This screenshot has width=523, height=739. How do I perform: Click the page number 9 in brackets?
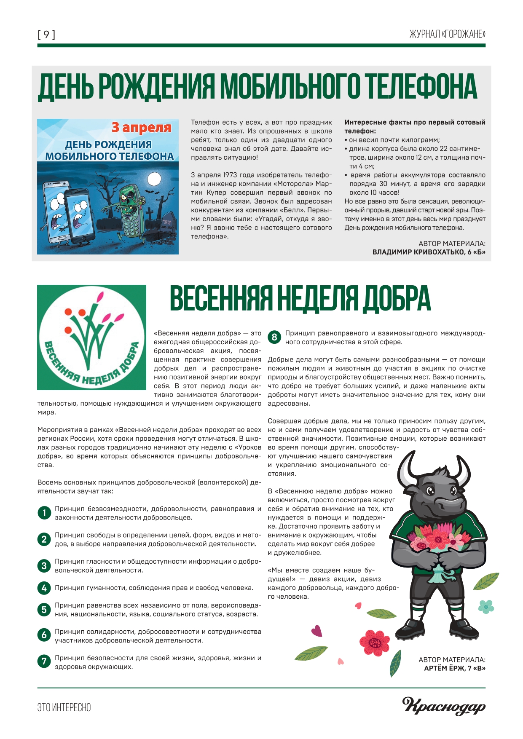click(x=46, y=35)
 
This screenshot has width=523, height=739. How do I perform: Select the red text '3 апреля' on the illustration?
click(x=141, y=127)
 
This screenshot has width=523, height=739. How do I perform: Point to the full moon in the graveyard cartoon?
click(x=155, y=179)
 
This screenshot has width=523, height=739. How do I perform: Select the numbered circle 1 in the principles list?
click(x=44, y=513)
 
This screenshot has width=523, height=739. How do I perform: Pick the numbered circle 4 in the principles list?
click(x=44, y=588)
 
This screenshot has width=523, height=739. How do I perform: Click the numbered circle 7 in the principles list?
click(x=44, y=661)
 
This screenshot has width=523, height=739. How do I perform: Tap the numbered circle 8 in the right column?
click(x=274, y=337)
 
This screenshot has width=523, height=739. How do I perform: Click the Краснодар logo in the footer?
click(x=444, y=706)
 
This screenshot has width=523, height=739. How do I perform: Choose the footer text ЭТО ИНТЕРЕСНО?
click(x=64, y=707)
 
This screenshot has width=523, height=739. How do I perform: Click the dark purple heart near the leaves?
click(x=316, y=631)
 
